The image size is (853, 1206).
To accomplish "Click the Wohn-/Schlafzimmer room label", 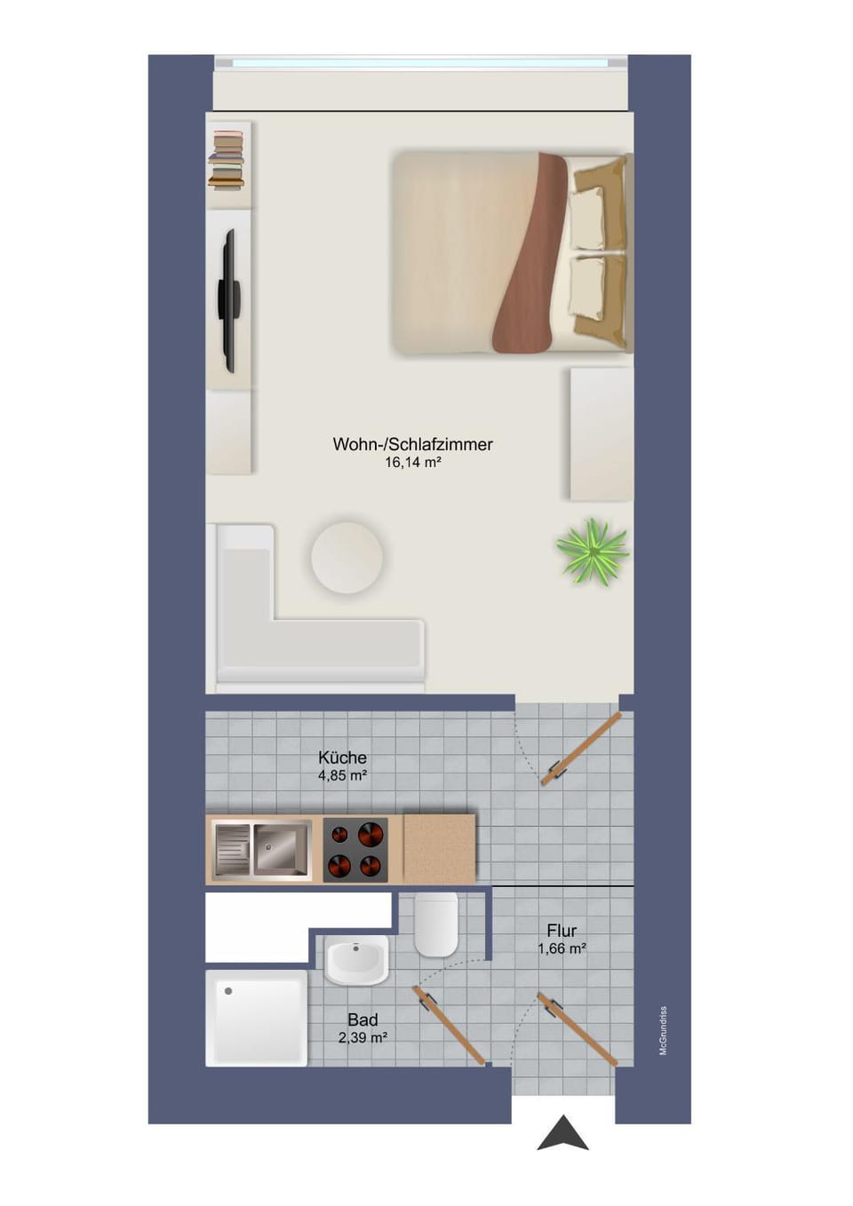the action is coord(412,445).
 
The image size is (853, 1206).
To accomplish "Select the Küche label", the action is coord(342,758).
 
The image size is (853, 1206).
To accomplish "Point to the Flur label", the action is coord(562,931).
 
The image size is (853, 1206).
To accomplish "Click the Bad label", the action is coord(363,1020).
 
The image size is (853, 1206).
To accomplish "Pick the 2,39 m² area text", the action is coord(363,1037).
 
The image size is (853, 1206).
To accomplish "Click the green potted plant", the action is coord(593,551).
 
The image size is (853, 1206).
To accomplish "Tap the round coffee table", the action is coord(347,557).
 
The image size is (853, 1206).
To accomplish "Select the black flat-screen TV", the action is coord(229,300).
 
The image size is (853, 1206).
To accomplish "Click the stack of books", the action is coord(227,160).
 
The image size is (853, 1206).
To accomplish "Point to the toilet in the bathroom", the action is coord(435,924).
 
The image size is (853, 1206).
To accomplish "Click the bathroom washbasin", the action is coord(356,960).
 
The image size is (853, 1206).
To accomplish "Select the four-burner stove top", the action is coord(355,850).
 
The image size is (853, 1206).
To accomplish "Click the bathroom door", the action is coord(449,1025).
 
